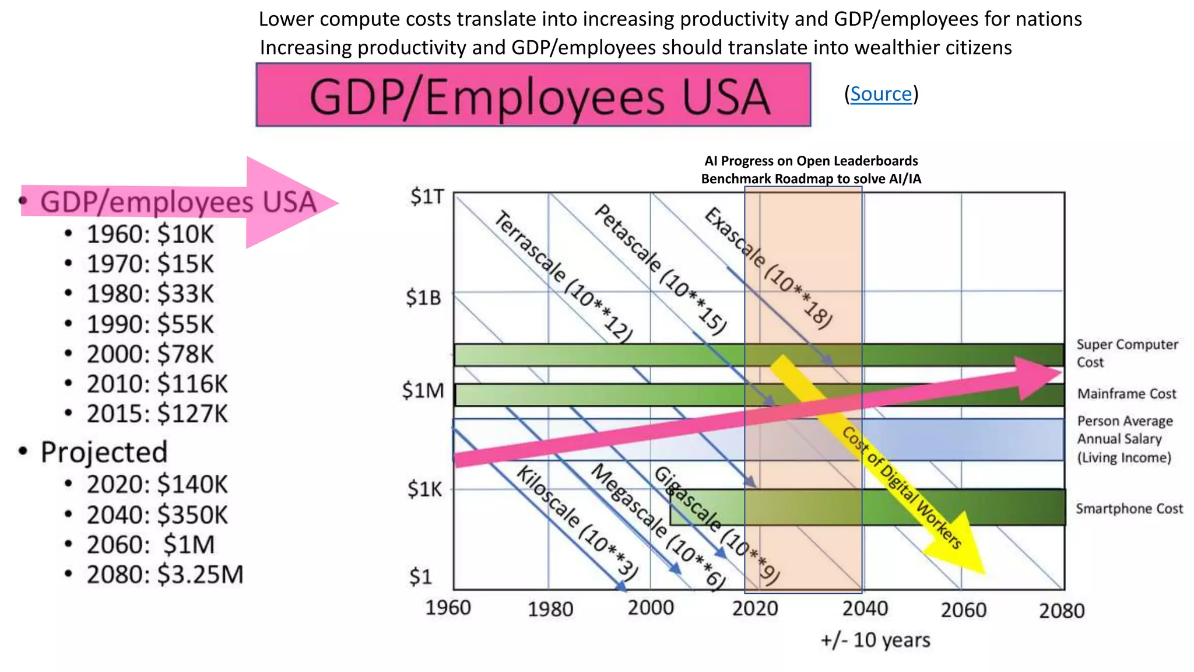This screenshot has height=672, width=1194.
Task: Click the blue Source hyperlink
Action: tap(880, 94)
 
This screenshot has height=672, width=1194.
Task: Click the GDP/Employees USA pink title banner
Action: tap(533, 95)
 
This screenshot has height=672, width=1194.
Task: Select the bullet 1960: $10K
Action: tap(150, 235)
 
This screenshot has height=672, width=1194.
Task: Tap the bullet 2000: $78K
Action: tap(150, 355)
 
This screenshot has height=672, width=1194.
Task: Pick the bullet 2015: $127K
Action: tap(157, 414)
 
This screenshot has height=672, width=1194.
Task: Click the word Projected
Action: tap(104, 453)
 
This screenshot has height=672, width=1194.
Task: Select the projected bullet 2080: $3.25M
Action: tap(164, 575)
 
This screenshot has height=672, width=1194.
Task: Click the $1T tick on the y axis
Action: tap(427, 197)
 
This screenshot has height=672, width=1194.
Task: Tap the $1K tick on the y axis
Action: tap(424, 489)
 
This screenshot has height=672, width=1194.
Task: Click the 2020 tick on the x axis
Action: tap(755, 609)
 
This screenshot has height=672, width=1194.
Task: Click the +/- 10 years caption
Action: tap(875, 640)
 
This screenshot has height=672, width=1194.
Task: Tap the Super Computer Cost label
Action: tap(1126, 353)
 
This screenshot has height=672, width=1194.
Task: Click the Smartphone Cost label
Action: tap(1129, 509)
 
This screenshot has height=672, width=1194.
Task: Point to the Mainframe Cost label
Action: tap(1126, 394)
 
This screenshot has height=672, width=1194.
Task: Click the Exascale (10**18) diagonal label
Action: tap(768, 268)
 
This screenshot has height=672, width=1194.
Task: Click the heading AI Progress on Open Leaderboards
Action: tap(810, 161)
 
